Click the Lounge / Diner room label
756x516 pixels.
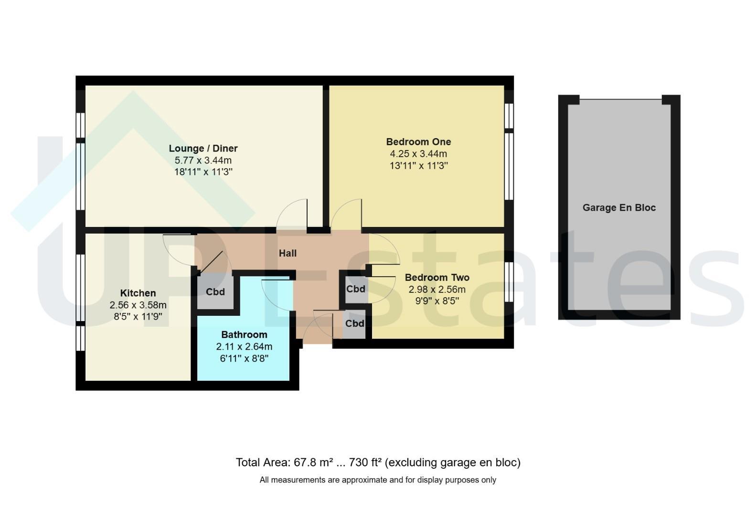203,148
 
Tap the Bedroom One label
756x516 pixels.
418,141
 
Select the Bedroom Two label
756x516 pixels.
437,277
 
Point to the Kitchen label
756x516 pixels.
138,293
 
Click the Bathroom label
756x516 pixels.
245,334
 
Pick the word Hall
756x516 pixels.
287,253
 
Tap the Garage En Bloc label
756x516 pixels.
619,207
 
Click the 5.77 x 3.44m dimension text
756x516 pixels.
203,160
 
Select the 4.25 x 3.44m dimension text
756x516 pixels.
418,154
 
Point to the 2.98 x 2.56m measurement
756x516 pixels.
437,290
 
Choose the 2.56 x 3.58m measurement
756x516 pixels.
138,305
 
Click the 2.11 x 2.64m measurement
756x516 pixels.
245,346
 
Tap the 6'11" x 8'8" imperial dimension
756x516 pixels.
245,358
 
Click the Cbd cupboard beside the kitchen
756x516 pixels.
215,291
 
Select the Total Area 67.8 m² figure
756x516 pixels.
285,462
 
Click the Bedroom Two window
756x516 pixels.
509,282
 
